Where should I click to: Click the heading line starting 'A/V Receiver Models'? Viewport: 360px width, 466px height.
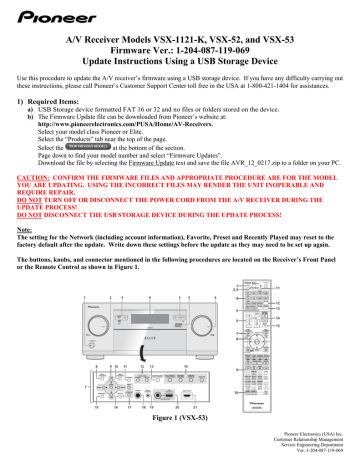pos(180,39)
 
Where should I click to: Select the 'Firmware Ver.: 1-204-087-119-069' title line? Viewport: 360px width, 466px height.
pos(180,52)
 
